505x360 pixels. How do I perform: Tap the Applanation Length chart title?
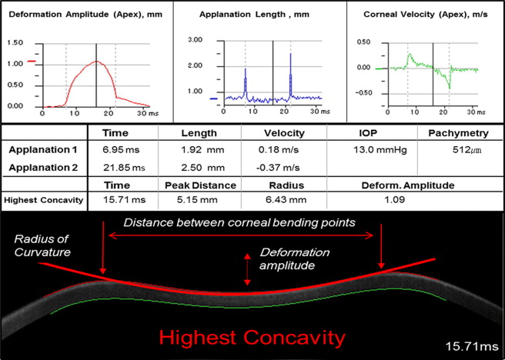[x=243, y=13]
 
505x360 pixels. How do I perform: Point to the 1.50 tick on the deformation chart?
[x=14, y=42]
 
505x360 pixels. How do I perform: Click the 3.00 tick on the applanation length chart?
[x=196, y=38]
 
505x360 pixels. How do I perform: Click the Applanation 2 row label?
[x=43, y=168]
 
